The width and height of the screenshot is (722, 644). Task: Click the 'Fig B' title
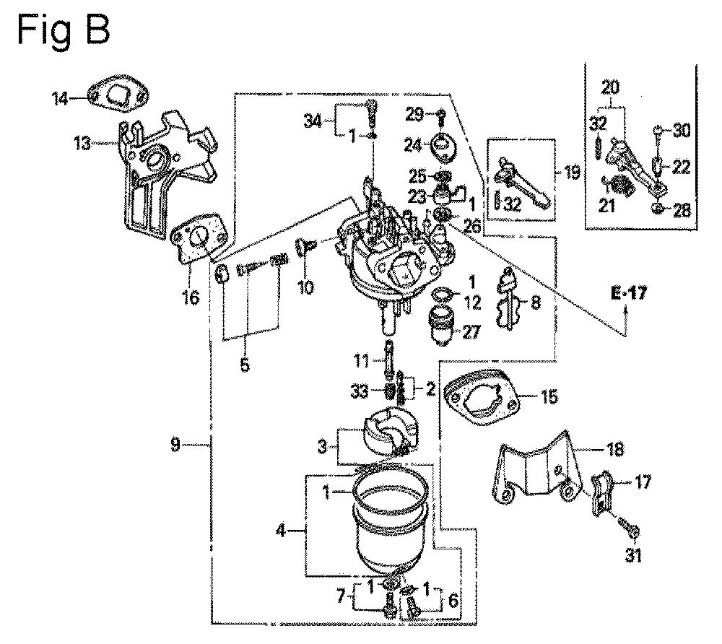[x=64, y=29]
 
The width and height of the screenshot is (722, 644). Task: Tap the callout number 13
[x=83, y=144]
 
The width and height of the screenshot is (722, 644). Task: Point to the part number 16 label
[x=191, y=297]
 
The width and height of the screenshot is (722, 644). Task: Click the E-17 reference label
[x=629, y=293]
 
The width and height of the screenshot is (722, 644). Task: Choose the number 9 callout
[x=175, y=445]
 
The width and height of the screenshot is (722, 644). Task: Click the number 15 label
[x=549, y=396]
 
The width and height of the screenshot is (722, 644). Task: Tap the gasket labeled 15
[x=482, y=398]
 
